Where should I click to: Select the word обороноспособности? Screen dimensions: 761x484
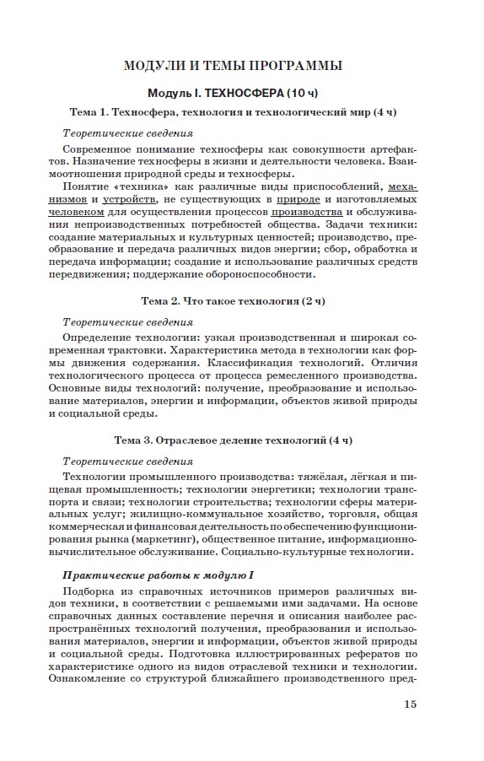pyautogui.click(x=259, y=273)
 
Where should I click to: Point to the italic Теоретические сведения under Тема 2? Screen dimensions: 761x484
pyautogui.click(x=128, y=322)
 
